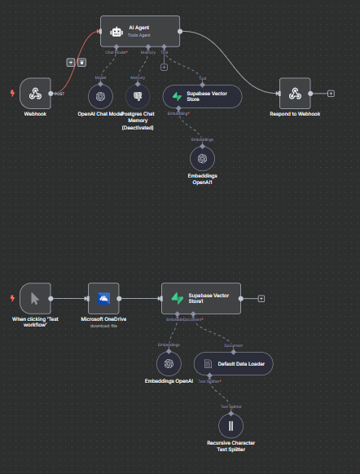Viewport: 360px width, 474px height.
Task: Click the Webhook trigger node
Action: pyautogui.click(x=35, y=94)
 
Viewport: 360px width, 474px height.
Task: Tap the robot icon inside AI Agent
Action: pyautogui.click(x=116, y=32)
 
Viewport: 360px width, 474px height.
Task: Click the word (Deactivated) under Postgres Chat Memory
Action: pyautogui.click(x=138, y=128)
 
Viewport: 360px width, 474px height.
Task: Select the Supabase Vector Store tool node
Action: pyautogui.click(x=202, y=96)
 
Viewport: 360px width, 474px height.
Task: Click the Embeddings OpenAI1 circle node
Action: pyautogui.click(x=202, y=157)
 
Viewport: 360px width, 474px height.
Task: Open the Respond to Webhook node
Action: pyautogui.click(x=296, y=94)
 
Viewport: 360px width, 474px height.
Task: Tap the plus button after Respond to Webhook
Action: pyautogui.click(x=330, y=94)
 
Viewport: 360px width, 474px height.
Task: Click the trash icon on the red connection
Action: pyautogui.click(x=81, y=62)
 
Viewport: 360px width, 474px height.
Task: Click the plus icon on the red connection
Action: pyautogui.click(x=71, y=62)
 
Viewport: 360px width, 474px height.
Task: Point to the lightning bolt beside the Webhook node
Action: pyautogui.click(x=11, y=94)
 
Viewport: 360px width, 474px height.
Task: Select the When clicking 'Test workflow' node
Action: pyautogui.click(x=35, y=298)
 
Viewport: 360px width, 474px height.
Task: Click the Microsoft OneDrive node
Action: pyautogui.click(x=103, y=298)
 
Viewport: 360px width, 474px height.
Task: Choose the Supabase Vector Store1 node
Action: pyautogui.click(x=200, y=298)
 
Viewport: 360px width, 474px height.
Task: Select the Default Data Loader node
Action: pyautogui.click(x=234, y=363)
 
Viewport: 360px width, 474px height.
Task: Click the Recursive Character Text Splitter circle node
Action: pyautogui.click(x=230, y=424)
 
